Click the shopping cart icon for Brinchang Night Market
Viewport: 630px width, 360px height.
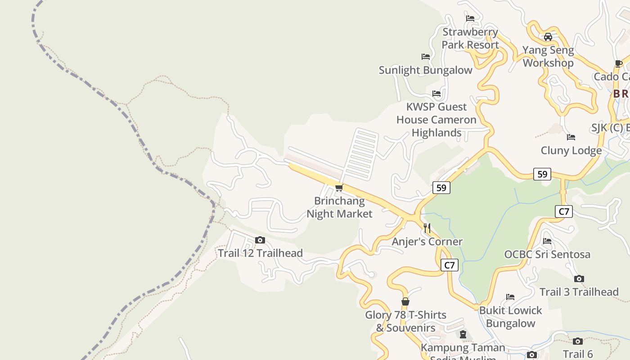click(339, 188)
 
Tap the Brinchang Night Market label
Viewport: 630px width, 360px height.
click(339, 207)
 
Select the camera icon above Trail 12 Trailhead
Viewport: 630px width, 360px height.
click(260, 240)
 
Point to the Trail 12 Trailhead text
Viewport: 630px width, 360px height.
click(260, 253)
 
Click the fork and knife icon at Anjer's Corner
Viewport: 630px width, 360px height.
click(427, 228)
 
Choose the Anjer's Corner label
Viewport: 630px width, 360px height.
click(427, 242)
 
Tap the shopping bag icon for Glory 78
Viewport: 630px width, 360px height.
click(405, 301)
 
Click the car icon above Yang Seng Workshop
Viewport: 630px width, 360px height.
click(548, 37)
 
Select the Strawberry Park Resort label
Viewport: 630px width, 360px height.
click(470, 38)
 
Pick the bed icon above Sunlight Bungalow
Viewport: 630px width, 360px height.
click(425, 57)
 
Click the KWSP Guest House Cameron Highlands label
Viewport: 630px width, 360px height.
click(436, 120)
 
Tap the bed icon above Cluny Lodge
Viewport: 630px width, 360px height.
click(571, 137)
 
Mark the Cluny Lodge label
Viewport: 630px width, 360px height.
click(571, 151)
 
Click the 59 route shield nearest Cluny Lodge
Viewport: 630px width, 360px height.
click(542, 174)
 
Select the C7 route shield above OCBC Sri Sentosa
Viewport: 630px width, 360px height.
click(564, 211)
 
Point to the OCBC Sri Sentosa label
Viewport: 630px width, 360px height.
click(547, 254)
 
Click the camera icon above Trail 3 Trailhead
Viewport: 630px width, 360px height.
click(579, 279)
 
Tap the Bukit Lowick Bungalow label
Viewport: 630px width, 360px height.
click(511, 317)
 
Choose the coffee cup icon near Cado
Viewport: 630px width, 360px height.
click(619, 63)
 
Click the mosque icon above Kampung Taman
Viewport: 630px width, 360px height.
click(463, 334)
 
